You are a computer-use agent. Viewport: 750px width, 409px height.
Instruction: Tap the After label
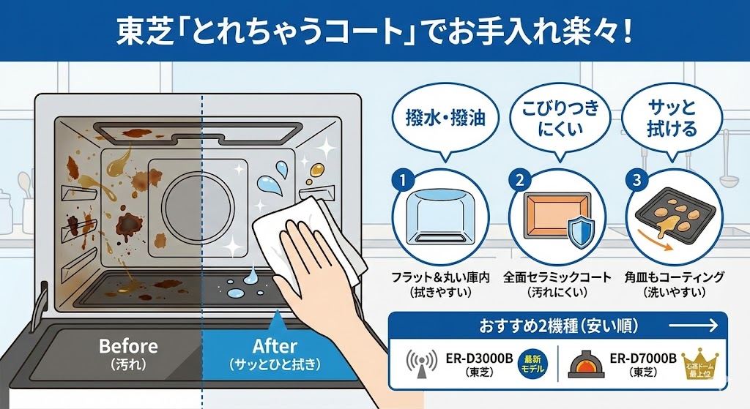(x=274, y=346)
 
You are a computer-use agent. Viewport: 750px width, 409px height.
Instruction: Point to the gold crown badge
(x=702, y=363)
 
